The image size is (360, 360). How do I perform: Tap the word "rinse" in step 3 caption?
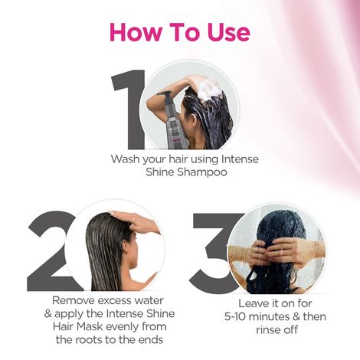pyautogui.click(x=249, y=330)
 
